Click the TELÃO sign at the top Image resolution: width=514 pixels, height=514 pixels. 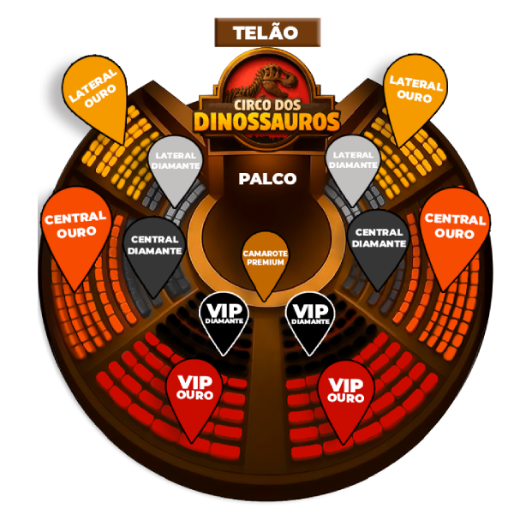pyautogui.click(x=266, y=33)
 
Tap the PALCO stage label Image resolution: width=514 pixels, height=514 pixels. pyautogui.click(x=267, y=179)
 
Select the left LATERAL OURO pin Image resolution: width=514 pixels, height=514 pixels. pyautogui.click(x=94, y=93)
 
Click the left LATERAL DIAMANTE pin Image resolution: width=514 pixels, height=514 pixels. pyautogui.click(x=176, y=161)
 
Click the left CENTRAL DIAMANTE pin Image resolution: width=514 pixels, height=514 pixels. pyautogui.click(x=153, y=246)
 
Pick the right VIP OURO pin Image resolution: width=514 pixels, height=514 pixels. pyautogui.click(x=345, y=391)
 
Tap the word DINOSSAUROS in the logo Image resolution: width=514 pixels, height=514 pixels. pyautogui.click(x=266, y=120)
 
